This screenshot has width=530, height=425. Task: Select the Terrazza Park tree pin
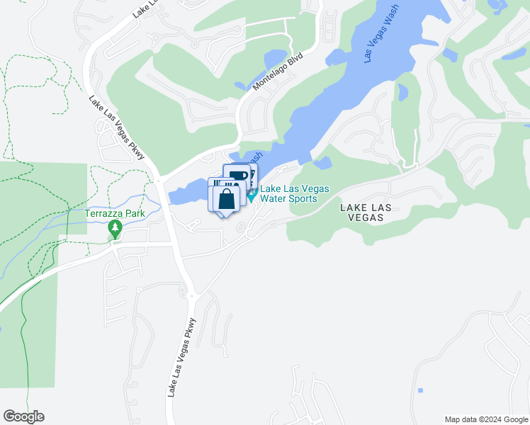tap(115, 229)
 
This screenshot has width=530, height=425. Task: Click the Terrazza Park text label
tap(114, 212)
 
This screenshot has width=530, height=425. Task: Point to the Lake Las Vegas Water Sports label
tap(288, 193)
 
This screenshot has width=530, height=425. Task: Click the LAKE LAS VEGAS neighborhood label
tap(366, 212)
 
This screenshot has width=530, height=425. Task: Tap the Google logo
tap(23, 416)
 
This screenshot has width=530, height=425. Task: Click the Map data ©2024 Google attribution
tap(486, 419)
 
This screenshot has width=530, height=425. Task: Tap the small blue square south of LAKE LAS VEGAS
tap(420, 390)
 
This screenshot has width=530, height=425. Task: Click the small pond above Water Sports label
tap(322, 164)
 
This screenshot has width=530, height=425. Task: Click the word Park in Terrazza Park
tap(132, 212)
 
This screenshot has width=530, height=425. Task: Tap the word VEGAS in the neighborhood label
tap(366, 217)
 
